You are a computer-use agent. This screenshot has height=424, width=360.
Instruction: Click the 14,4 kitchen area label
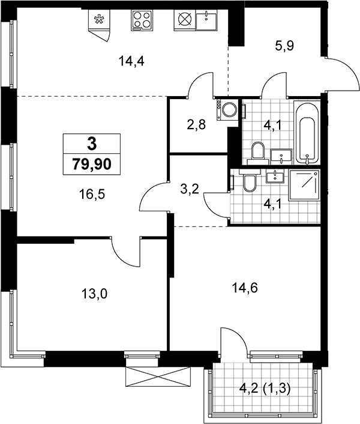tap(131, 62)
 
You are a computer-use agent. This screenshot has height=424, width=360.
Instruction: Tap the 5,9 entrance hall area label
tap(284, 46)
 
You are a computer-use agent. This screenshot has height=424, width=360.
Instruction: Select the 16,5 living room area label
tap(92, 194)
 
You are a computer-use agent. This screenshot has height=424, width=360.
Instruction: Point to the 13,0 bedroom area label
tap(94, 294)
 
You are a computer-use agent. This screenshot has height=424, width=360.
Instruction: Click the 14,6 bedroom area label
tap(245, 288)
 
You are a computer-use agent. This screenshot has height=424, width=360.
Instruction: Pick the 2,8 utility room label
tap(197, 125)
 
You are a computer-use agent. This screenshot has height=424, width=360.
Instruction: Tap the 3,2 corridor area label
tap(190, 189)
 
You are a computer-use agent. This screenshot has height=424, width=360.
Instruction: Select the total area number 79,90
tap(92, 164)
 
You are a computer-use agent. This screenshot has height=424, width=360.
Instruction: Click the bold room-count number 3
tap(92, 144)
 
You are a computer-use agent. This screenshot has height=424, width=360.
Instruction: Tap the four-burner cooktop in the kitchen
tap(142, 20)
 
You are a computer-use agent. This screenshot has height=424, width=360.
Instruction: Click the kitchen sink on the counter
tap(206, 19)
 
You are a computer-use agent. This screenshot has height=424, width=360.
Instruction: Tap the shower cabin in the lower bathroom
tap(304, 185)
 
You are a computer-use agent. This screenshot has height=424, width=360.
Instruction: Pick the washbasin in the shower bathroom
tap(275, 177)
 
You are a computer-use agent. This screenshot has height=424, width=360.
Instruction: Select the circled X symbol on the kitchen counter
tap(184, 19)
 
